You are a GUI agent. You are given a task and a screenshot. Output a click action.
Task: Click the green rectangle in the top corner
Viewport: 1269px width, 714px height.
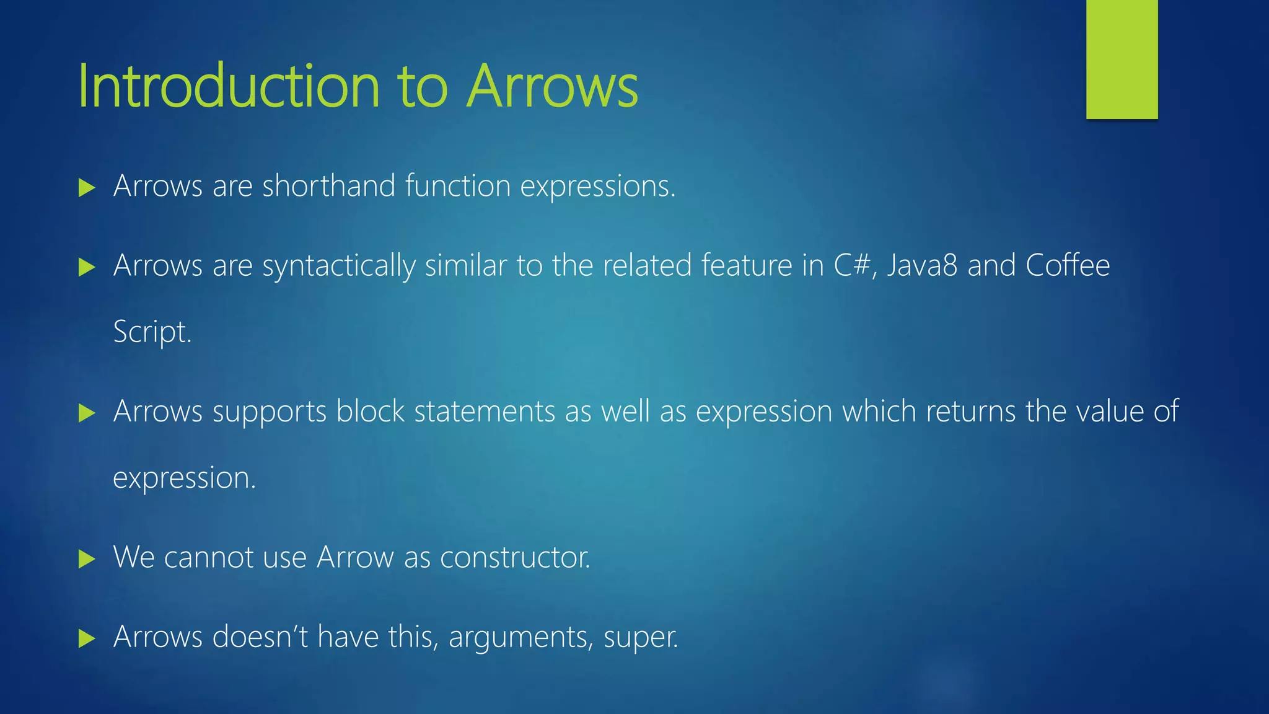point(1122,59)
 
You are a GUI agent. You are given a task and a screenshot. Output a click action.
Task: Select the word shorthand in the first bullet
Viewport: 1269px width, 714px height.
point(328,186)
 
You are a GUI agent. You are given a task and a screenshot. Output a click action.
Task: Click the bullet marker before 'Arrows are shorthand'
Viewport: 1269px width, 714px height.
point(87,188)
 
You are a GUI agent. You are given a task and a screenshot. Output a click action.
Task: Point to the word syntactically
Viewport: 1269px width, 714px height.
point(338,267)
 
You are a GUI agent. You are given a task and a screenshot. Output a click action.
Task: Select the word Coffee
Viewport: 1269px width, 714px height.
point(1067,265)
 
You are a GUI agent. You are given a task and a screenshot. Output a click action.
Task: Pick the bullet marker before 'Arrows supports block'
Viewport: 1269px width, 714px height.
point(87,413)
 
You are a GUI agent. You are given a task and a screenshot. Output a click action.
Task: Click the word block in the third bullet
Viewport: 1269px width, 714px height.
point(370,411)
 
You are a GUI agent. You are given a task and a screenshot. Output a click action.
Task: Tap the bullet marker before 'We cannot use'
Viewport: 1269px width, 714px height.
point(87,560)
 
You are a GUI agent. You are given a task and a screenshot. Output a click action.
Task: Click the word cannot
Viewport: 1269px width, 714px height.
point(208,557)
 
